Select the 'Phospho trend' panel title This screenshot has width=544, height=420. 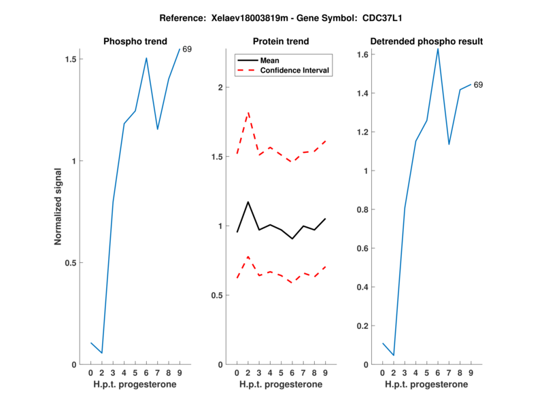point(135,41)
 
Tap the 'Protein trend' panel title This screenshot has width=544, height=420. point(281,41)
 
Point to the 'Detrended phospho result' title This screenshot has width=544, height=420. point(426,41)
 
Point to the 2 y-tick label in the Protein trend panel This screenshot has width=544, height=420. point(220,88)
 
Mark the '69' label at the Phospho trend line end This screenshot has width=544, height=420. point(187,49)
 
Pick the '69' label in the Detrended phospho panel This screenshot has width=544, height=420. point(478,85)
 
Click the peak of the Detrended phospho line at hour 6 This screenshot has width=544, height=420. point(437,49)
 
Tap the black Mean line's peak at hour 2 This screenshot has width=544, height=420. point(248,202)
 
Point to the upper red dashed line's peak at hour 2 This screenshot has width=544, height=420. point(248,112)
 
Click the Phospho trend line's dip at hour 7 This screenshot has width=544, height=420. point(157,129)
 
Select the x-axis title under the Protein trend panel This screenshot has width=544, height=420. point(281,385)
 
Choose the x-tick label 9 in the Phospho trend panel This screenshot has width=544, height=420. point(180,373)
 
